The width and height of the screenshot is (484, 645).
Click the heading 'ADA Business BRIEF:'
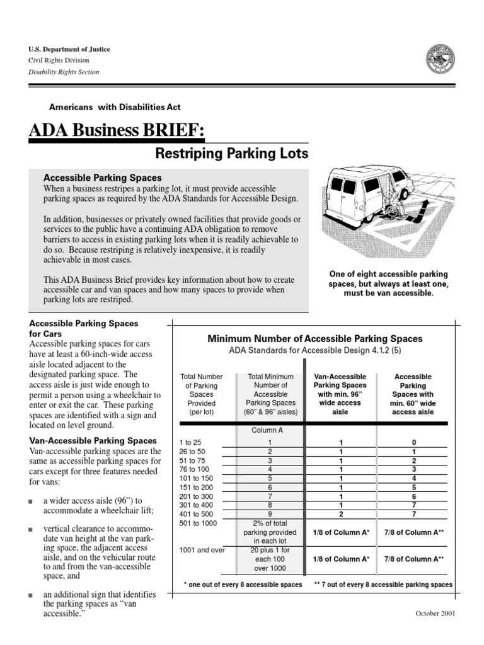(x=117, y=131)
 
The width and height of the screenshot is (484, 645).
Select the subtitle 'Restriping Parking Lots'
(x=231, y=154)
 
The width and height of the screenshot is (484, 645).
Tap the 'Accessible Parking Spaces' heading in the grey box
(x=101, y=178)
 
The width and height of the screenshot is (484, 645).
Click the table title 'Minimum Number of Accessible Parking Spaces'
(x=315, y=339)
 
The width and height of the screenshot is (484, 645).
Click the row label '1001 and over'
(x=202, y=549)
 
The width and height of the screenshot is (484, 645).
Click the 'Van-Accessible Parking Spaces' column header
(x=341, y=394)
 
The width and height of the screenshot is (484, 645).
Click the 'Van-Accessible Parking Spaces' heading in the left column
(x=93, y=441)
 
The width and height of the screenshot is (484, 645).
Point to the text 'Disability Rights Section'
(x=64, y=72)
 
